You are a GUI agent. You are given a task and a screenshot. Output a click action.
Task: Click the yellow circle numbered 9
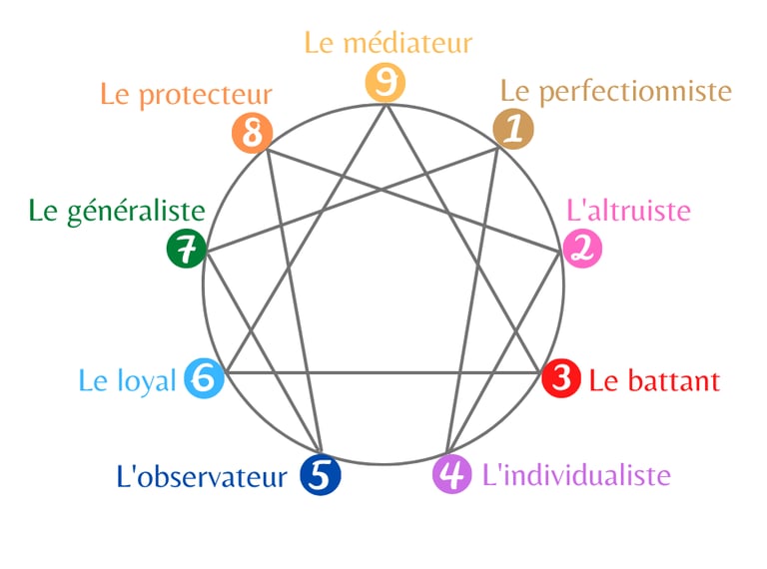point(385,83)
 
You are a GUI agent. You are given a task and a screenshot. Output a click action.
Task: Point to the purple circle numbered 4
point(452,474)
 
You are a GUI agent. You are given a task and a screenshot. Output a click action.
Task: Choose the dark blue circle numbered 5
point(321,475)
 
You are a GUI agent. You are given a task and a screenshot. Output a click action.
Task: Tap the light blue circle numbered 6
point(204,379)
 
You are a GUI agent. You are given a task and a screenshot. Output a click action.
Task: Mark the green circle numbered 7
point(186,249)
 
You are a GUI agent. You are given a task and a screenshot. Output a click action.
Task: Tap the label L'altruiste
point(628,211)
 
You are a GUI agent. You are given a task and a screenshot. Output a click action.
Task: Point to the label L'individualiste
point(575,475)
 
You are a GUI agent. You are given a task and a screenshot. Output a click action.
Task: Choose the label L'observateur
point(202,477)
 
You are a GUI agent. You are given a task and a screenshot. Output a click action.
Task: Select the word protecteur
point(205,96)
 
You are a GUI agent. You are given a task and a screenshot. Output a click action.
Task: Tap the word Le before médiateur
point(320,44)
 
